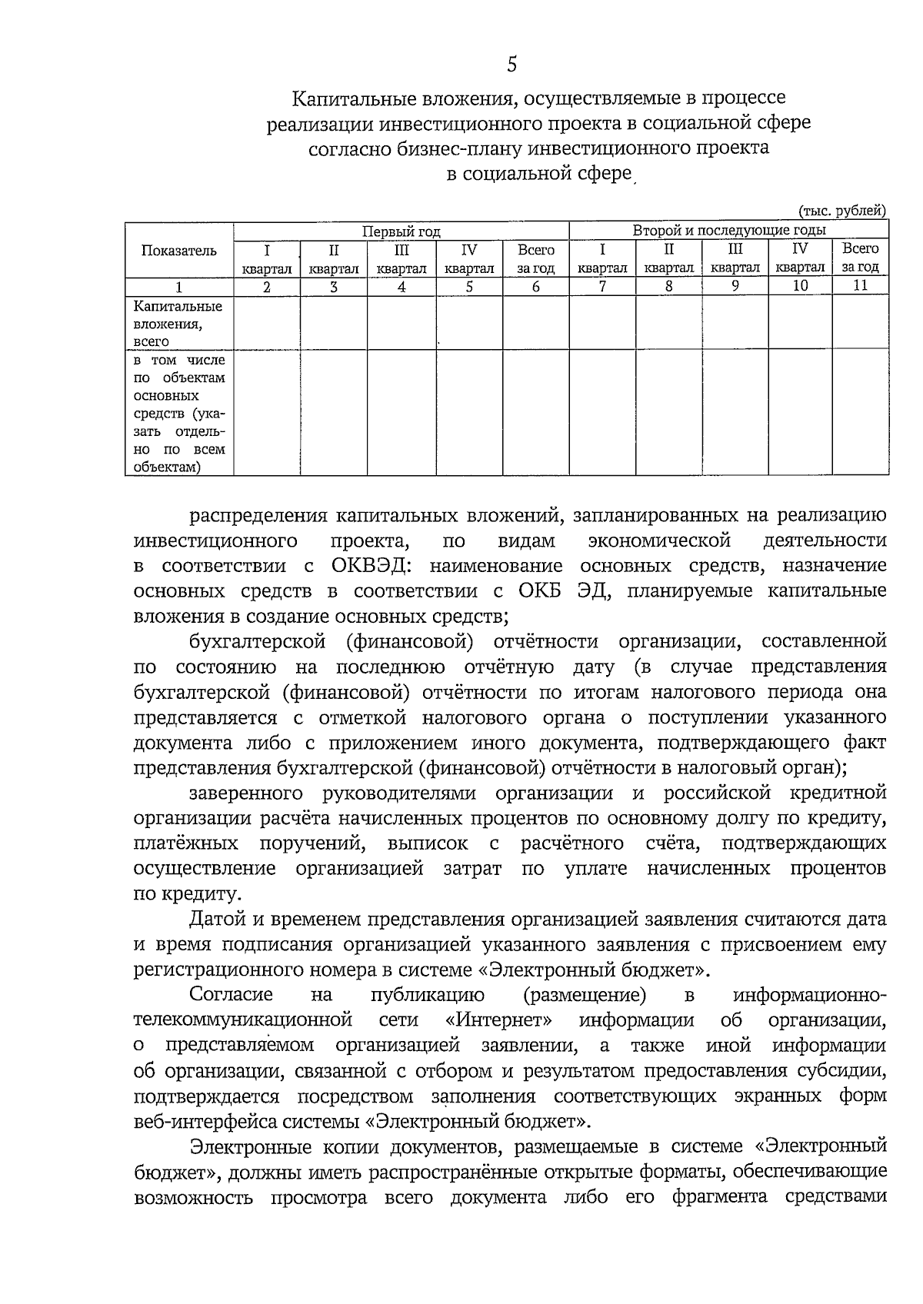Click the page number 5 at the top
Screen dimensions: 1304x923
click(511, 65)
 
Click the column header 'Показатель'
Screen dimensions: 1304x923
click(179, 251)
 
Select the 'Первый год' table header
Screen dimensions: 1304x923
click(402, 231)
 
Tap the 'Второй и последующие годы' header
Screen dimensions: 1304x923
click(728, 230)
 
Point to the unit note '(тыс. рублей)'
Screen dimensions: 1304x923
click(843, 211)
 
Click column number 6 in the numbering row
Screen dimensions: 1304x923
click(536, 287)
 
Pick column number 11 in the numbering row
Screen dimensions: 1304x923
click(860, 285)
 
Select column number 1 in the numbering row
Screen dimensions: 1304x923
click(179, 287)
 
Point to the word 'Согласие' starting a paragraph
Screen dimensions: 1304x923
click(232, 995)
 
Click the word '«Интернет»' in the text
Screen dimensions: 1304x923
click(498, 1020)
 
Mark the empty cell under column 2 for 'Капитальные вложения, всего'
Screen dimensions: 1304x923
click(267, 324)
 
